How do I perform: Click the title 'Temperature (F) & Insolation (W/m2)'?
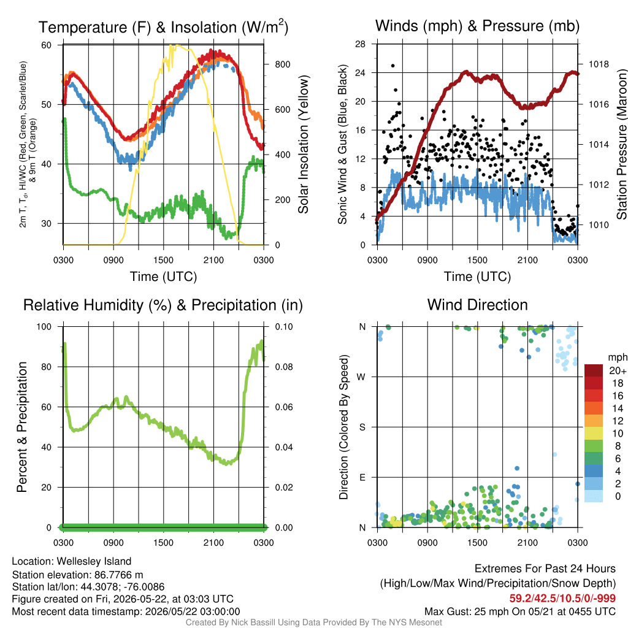point(163,27)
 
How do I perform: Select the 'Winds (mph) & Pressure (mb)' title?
point(477,26)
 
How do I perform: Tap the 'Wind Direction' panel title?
point(477,305)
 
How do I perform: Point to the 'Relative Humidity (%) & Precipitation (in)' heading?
point(163,305)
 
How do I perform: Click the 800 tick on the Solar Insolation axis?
point(282,64)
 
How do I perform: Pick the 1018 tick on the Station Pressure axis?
point(599,64)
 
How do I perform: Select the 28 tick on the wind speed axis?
point(360,44)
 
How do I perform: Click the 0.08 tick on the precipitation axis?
point(283,367)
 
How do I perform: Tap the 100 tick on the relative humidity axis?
point(44,326)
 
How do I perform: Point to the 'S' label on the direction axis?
point(362,427)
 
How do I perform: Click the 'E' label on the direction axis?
point(362,477)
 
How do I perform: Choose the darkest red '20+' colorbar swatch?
point(593,370)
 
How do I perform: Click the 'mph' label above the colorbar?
point(618,357)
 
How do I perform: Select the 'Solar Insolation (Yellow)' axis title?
point(304,144)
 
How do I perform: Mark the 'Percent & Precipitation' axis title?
point(21,427)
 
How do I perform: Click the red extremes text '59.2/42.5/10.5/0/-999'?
point(562,599)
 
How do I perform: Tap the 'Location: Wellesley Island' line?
point(72,562)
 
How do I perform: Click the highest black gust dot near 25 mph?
point(393,66)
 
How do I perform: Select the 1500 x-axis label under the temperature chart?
point(163,260)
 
